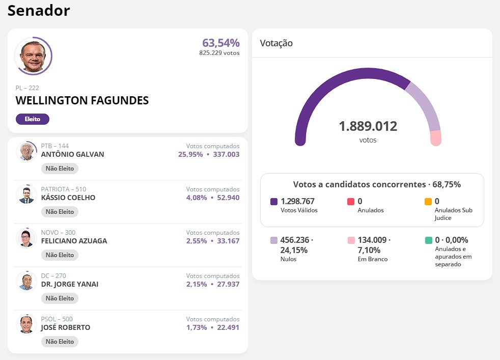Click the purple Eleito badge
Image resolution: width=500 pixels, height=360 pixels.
[x=33, y=119]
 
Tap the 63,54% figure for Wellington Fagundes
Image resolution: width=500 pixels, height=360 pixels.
[x=220, y=43]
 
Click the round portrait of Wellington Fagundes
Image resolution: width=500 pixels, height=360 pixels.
[x=33, y=56]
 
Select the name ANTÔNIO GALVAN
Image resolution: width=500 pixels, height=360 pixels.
[x=72, y=154]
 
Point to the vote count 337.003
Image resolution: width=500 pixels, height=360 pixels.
[x=226, y=154]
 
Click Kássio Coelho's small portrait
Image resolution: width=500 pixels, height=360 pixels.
[x=26, y=195]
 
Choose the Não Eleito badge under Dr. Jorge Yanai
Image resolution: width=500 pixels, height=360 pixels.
[x=60, y=298]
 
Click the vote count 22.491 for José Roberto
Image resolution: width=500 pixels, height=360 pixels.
[x=228, y=327]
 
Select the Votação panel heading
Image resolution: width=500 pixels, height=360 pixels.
[x=276, y=43]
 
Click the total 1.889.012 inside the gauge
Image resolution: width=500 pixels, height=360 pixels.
[x=368, y=126]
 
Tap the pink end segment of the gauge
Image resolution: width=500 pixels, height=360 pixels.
[x=435, y=138]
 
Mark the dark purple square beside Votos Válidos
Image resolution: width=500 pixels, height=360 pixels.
[x=274, y=202]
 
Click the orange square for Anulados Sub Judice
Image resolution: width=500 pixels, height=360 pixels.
[x=428, y=202]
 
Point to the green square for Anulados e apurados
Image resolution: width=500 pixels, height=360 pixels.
[x=428, y=240]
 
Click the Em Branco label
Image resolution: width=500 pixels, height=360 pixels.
[x=372, y=259]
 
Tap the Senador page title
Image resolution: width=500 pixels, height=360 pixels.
[x=39, y=11]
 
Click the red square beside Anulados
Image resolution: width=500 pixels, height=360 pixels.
[x=351, y=202]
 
